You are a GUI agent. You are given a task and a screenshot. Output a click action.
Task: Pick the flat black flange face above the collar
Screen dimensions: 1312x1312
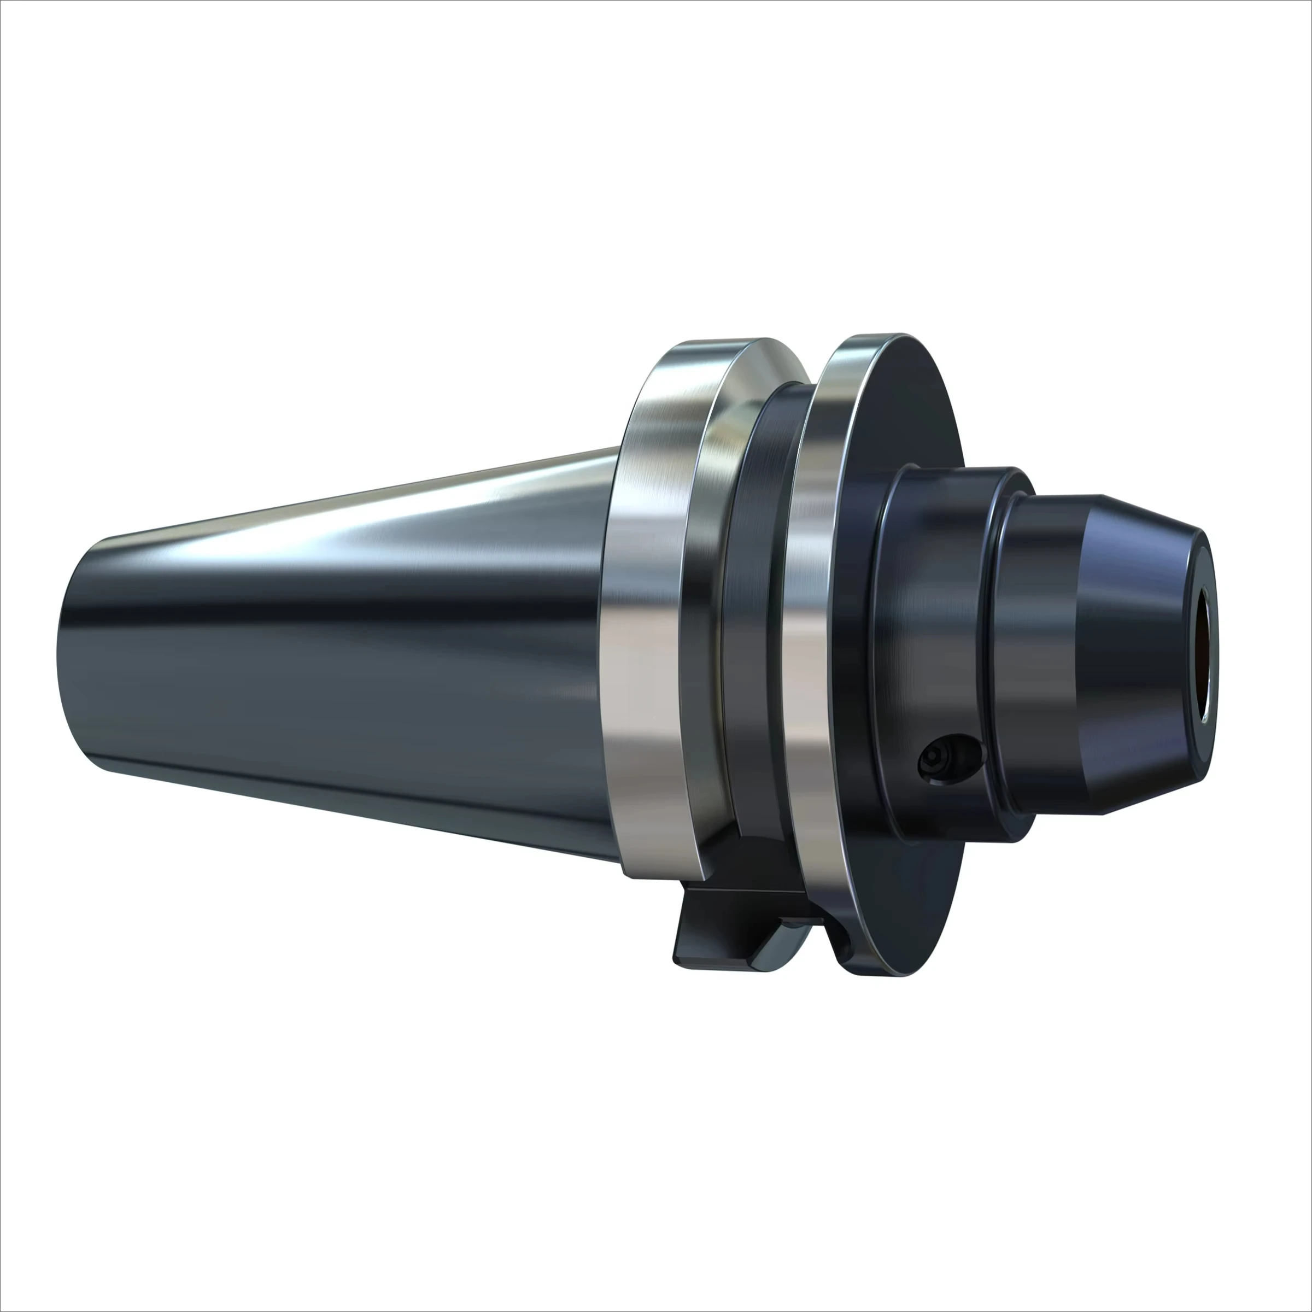[x=903, y=407]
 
